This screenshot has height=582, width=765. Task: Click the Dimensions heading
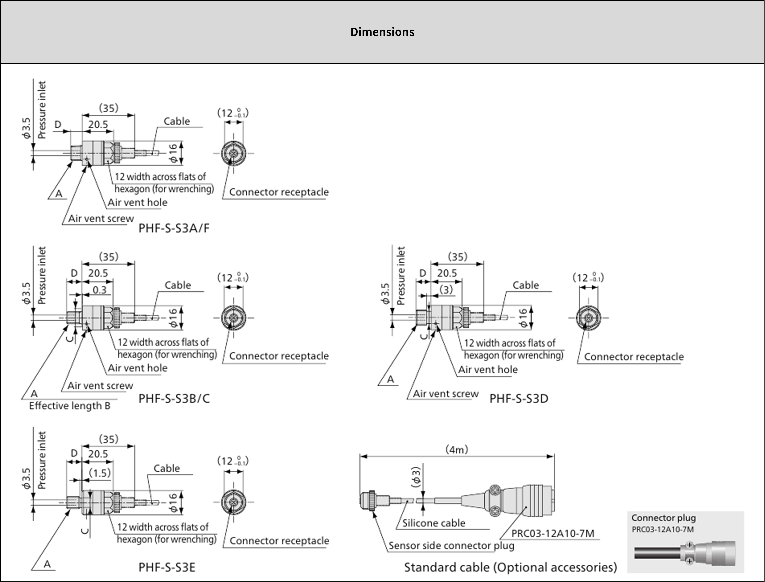382,32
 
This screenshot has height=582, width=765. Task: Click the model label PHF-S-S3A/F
174,228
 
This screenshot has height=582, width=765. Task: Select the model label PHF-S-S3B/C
174,398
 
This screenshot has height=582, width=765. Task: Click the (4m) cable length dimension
457,450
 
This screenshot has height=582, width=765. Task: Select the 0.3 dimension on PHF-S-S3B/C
99,290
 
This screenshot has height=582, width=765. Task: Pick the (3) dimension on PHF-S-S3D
446,290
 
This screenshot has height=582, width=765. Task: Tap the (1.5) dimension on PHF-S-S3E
100,473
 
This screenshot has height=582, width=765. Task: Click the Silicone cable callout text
434,523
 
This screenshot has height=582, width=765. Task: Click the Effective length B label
70,406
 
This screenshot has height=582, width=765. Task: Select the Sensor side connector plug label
451,546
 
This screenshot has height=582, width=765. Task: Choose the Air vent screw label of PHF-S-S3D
445,394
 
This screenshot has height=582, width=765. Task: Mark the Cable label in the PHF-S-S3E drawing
167,468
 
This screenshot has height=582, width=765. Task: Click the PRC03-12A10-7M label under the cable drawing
553,533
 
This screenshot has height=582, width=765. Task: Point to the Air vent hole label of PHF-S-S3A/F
138,202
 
